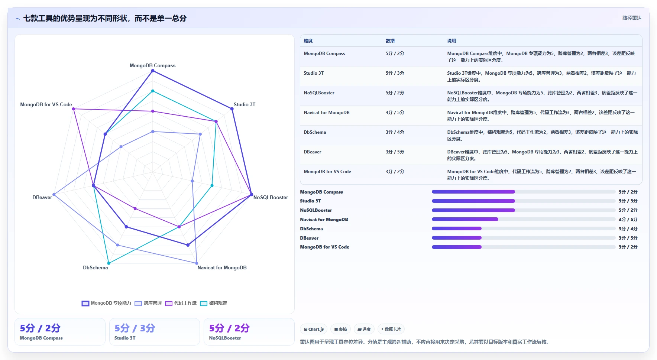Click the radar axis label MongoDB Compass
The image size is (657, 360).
pyautogui.click(x=152, y=65)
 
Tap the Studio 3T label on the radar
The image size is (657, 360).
pyautogui.click(x=245, y=104)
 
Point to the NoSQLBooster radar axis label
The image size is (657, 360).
pyautogui.click(x=271, y=197)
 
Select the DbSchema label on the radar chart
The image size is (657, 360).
pyautogui.click(x=96, y=267)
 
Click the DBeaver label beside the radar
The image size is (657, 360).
pyautogui.click(x=42, y=197)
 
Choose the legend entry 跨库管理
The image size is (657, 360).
pyautogui.click(x=148, y=303)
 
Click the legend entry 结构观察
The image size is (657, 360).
pyautogui.click(x=214, y=303)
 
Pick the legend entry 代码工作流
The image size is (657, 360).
pyautogui.click(x=181, y=303)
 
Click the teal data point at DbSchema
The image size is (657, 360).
pyautogui.click(x=109, y=263)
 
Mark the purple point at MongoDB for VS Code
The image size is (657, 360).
pyautogui.click(x=74, y=109)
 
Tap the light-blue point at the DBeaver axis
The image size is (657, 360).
pyautogui.click(x=54, y=195)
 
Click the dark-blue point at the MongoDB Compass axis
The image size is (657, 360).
pyautogui.click(x=152, y=71)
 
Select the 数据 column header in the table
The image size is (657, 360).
pyautogui.click(x=390, y=41)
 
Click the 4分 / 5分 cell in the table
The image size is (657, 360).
pyautogui.click(x=395, y=113)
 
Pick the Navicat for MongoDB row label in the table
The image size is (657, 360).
pyautogui.click(x=327, y=113)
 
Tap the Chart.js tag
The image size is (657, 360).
pyautogui.click(x=314, y=329)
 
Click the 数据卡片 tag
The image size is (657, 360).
pyautogui.click(x=391, y=329)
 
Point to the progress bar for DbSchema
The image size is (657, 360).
pyautogui.click(x=524, y=228)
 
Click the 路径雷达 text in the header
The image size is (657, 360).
pyautogui.click(x=632, y=18)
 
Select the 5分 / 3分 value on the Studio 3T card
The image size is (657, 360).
pyautogui.click(x=135, y=328)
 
